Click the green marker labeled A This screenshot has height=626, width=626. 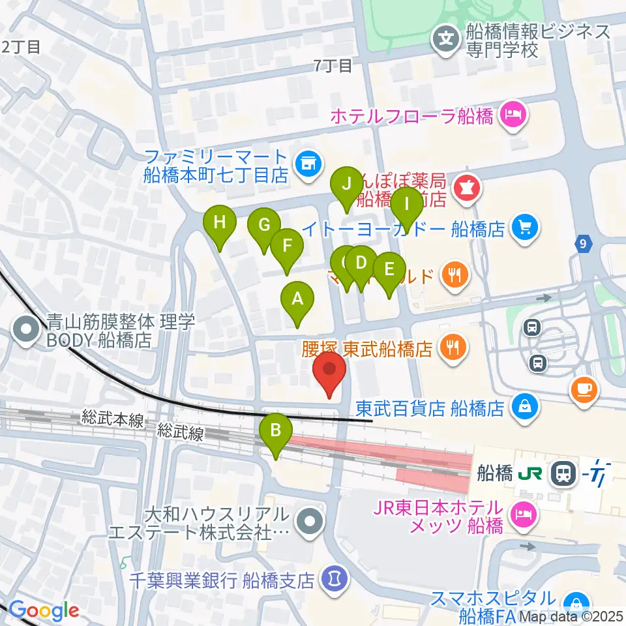click(x=297, y=301)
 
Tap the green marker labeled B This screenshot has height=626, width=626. click(x=276, y=431)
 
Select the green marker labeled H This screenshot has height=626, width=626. click(x=220, y=224)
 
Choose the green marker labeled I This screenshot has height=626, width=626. click(x=407, y=205)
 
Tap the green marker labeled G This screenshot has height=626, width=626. click(x=264, y=226)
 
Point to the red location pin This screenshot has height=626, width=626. click(x=329, y=371)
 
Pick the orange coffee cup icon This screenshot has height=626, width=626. click(x=582, y=389)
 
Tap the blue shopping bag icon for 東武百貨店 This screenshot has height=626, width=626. click(x=524, y=408)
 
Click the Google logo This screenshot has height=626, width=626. click(x=44, y=611)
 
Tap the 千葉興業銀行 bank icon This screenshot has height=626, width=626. click(x=335, y=578)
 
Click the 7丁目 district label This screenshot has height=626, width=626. click(x=333, y=65)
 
